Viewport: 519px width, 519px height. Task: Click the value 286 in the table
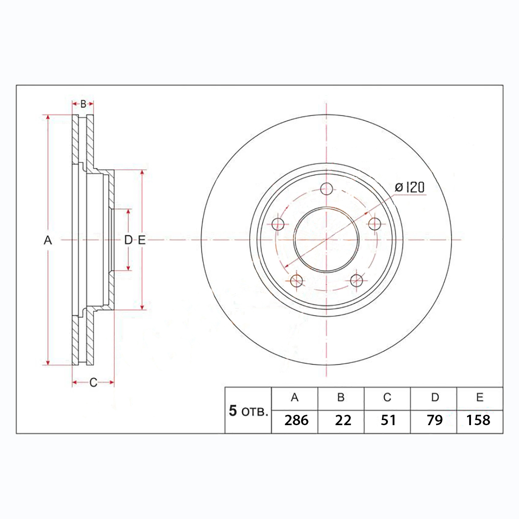pos(296,420)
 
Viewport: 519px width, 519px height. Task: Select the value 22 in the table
pos(343,420)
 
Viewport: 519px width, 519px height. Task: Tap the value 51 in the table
pos(388,420)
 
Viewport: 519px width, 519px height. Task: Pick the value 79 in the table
pos(435,420)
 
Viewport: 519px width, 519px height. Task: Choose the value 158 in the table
pos(478,420)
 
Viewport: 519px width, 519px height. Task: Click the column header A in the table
pos(295,397)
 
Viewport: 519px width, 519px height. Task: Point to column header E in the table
pos(480,397)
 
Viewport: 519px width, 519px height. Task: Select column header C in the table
pos(387,397)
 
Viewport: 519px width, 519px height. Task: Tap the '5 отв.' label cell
pos(248,411)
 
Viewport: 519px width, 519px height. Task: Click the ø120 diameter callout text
pos(410,188)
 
